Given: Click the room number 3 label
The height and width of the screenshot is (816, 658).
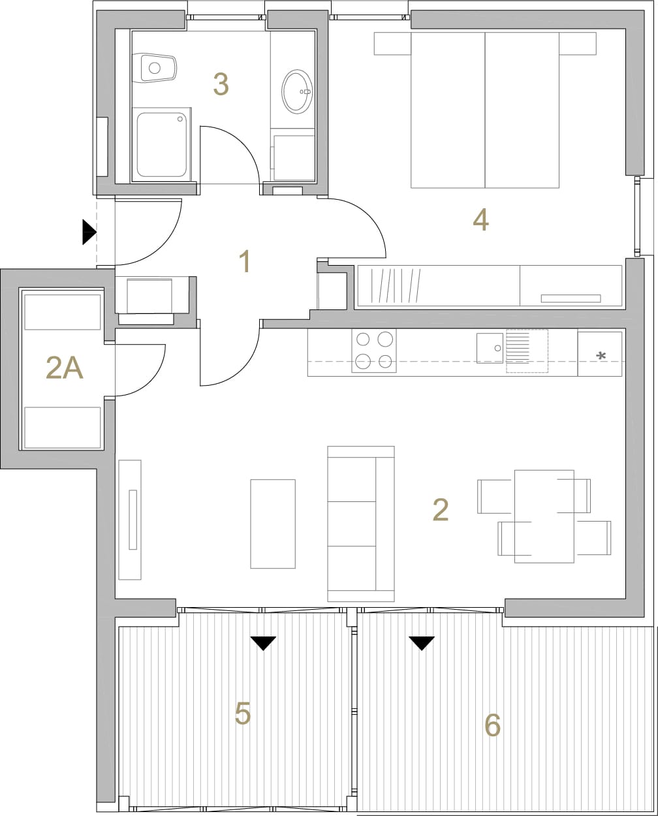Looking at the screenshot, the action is tap(221, 84).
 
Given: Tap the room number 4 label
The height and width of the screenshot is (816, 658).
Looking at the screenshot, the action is tap(480, 220).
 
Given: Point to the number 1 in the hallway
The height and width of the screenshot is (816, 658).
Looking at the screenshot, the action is tap(245, 261).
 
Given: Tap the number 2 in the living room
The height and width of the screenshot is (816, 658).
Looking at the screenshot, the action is tap(441, 510).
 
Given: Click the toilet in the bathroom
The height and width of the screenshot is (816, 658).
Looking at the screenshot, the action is tap(154, 68).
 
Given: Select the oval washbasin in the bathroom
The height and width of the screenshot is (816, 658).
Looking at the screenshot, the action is tap(297, 91).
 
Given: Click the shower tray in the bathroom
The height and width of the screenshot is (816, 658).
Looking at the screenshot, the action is tap(162, 144).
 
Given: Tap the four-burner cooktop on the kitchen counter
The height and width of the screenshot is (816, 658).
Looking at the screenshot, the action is tap(374, 351).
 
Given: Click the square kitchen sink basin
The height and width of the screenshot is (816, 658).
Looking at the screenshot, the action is tap(490, 348).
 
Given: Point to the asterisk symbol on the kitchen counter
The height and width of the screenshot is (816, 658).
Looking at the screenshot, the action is tap(601, 356).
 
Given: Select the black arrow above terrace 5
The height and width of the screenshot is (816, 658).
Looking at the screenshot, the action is tap(263, 644).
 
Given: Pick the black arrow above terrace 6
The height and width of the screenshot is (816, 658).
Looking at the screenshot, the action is tap(421, 644).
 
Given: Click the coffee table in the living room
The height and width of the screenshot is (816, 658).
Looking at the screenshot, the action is tap(273, 524).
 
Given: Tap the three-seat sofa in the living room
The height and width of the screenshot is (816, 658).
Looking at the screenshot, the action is tap(361, 524).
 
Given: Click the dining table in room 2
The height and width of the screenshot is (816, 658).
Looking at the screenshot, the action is tap(544, 516).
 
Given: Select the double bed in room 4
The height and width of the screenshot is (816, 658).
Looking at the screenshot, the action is tap(485, 110).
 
